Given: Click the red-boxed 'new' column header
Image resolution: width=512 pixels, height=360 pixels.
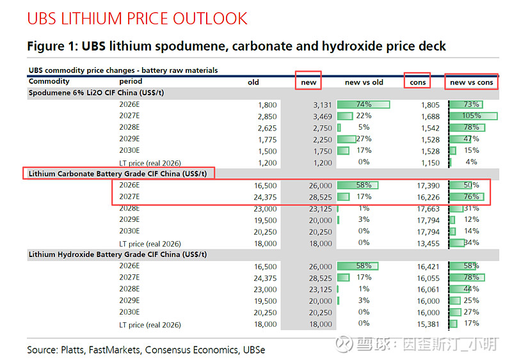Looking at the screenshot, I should [x=308, y=82].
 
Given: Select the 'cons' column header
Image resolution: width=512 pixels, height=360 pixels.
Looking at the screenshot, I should [x=417, y=82].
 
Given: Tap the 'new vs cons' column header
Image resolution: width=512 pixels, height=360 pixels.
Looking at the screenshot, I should [x=472, y=82].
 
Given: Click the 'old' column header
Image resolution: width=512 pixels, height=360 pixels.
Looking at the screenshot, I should [x=253, y=82].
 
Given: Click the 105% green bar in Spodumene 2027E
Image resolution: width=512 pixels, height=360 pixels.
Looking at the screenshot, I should [x=473, y=116].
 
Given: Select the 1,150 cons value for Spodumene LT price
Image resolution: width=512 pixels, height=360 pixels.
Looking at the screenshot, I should [x=430, y=162].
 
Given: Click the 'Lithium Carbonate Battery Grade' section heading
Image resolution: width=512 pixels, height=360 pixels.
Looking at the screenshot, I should [x=118, y=173].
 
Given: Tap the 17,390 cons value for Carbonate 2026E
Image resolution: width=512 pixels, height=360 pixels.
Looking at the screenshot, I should [x=428, y=185].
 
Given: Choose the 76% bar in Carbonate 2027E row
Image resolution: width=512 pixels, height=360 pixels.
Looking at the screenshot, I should [x=468, y=196].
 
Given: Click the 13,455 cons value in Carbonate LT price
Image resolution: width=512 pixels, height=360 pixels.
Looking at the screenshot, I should [x=428, y=243].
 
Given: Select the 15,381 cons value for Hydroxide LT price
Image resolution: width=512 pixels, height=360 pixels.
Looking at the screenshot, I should [x=428, y=324].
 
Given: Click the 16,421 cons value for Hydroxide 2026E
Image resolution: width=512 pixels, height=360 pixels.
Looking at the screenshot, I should [x=428, y=266].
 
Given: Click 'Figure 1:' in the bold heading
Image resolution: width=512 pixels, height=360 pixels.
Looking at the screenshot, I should [x=52, y=46].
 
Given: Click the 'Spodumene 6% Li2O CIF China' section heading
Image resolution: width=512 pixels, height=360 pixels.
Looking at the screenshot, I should [x=96, y=93].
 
